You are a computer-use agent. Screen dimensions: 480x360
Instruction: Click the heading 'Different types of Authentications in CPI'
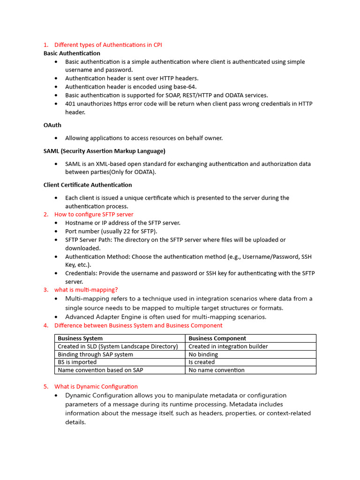point(108,45)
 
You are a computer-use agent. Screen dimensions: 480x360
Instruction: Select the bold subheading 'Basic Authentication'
point(72,53)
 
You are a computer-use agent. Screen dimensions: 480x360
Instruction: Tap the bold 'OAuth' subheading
point(52,125)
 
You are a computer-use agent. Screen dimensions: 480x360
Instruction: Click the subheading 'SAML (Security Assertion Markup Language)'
point(104,151)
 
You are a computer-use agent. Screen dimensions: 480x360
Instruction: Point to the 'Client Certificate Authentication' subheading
point(88,185)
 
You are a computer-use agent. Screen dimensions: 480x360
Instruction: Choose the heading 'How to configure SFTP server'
point(94,214)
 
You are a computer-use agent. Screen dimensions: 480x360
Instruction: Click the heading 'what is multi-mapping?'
point(86,290)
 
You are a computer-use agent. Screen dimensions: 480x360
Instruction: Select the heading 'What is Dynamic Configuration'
point(96,386)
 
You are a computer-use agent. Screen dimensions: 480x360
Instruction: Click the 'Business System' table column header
point(80,338)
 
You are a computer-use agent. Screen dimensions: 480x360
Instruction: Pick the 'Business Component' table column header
point(217,338)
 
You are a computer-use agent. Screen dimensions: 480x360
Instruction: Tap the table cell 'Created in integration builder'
point(228,346)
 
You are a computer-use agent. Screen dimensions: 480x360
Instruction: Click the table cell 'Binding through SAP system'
point(95,354)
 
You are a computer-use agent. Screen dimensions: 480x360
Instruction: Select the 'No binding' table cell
point(203,354)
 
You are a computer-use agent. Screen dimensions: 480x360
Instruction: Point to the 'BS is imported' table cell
point(77,362)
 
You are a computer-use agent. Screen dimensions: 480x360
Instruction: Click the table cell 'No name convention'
point(217,370)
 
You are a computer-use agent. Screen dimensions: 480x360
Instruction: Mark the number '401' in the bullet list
point(70,104)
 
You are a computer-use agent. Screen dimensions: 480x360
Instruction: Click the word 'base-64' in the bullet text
point(186,87)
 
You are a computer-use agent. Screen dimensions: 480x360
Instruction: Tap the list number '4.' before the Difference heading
point(46,325)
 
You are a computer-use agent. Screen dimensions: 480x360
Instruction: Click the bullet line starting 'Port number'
point(111,231)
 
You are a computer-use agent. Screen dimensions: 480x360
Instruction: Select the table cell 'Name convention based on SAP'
point(100,370)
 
